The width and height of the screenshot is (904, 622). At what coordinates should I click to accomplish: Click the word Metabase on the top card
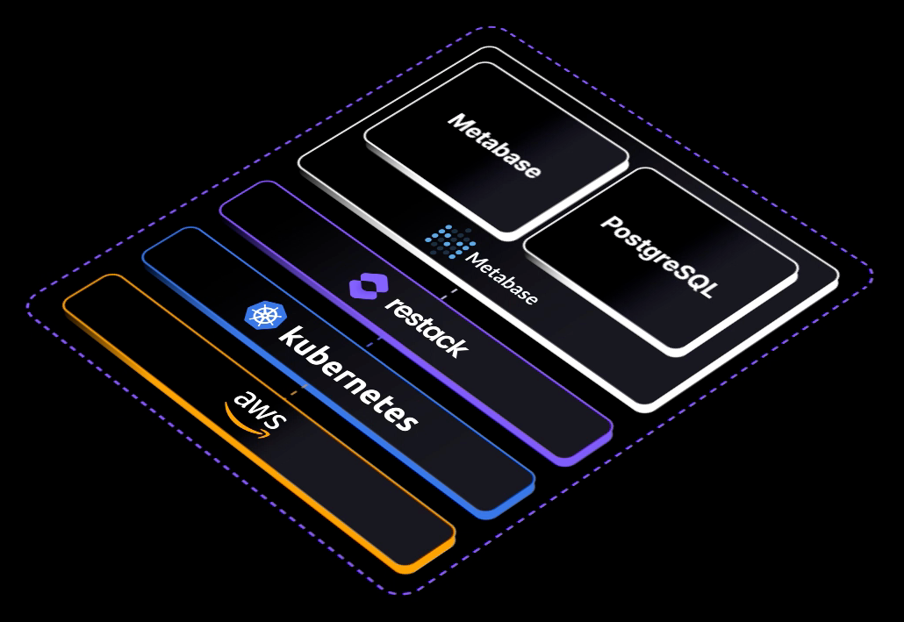[x=494, y=146]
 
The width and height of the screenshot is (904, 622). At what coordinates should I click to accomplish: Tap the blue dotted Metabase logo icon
[x=450, y=241]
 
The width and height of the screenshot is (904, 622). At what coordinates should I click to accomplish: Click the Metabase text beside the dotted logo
[x=502, y=280]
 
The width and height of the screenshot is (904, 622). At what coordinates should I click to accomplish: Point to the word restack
[x=426, y=327]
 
